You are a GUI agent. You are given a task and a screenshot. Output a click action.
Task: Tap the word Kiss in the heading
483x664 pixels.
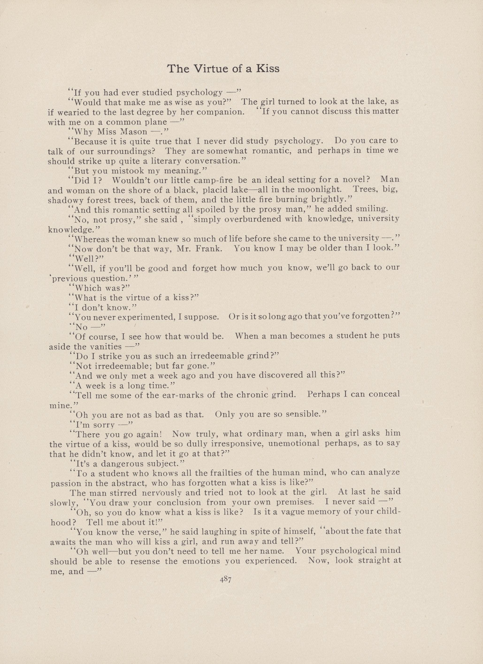click(268, 69)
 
